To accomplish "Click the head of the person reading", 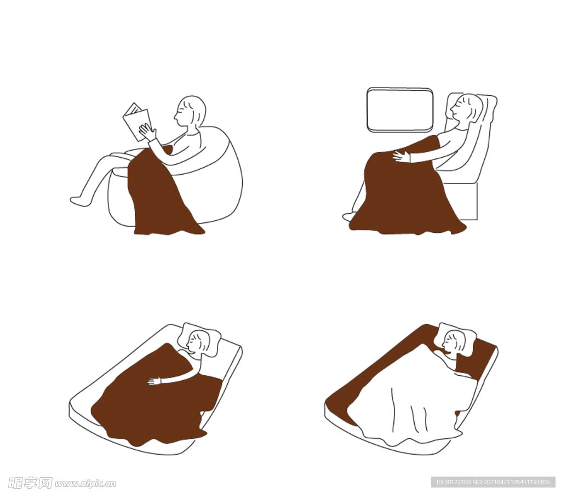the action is [190, 111].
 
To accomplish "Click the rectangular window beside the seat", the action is [400, 110].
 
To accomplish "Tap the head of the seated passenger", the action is [466, 108].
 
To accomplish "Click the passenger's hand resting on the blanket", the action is [402, 157].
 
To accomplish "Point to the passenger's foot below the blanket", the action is [349, 216].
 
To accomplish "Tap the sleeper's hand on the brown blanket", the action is [154, 381].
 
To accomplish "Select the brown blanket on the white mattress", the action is [156, 397].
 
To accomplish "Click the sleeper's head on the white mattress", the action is [197, 342].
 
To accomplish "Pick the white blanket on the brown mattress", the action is [411, 400].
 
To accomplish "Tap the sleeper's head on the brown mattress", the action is [454, 342].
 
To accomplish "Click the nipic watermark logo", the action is [62, 483].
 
